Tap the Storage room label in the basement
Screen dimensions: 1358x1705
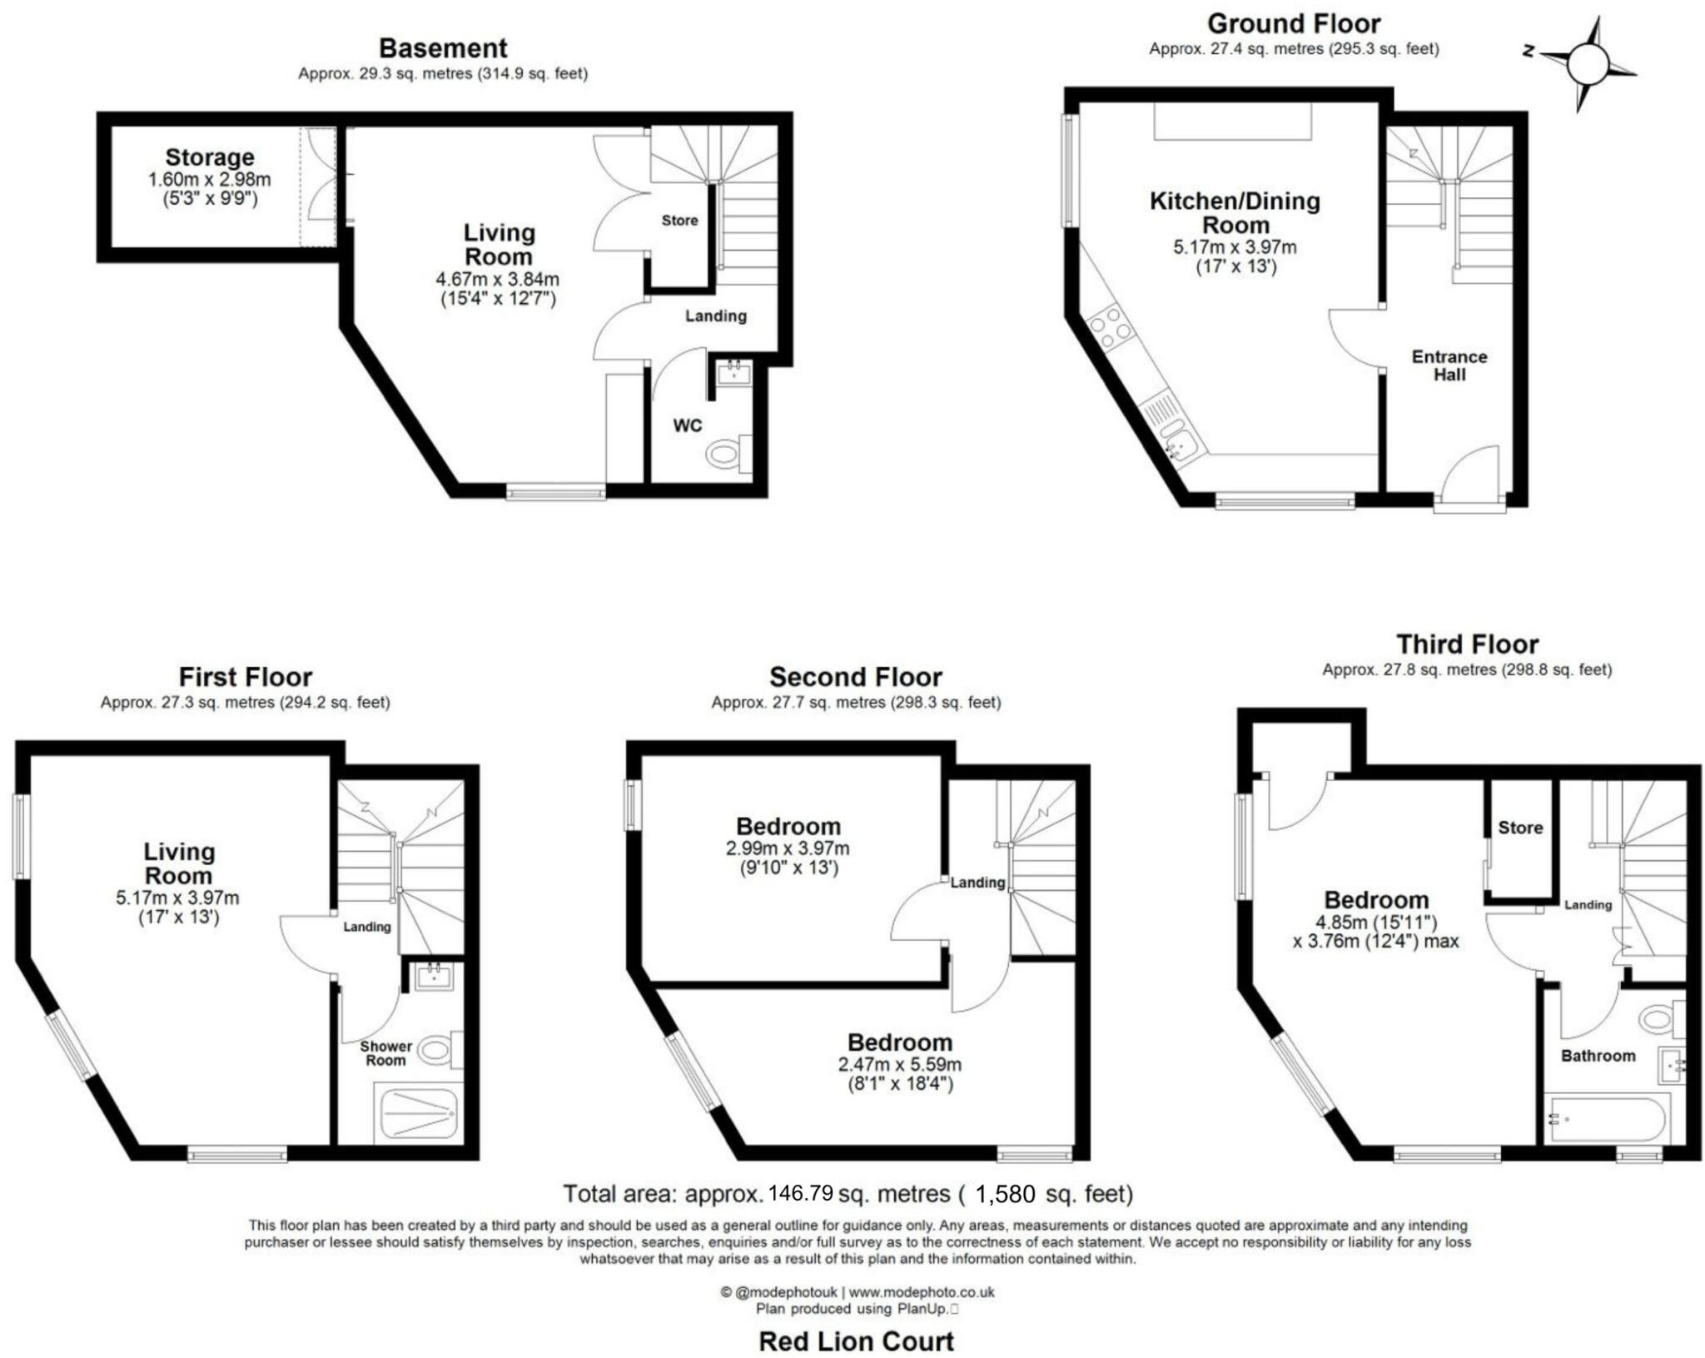pyautogui.click(x=209, y=157)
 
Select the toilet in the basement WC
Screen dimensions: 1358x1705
pyautogui.click(x=724, y=455)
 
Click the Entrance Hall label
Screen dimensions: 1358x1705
pyautogui.click(x=1449, y=366)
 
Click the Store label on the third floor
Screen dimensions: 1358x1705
pyautogui.click(x=1520, y=828)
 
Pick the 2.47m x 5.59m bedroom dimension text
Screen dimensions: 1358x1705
pyautogui.click(x=899, y=1064)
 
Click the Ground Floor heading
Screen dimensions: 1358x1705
pyautogui.click(x=1293, y=23)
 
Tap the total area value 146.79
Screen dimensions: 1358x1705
pyautogui.click(x=800, y=1193)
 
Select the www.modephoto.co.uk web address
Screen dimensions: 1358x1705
pyautogui.click(x=922, y=1292)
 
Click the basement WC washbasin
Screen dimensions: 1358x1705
pyautogui.click(x=733, y=371)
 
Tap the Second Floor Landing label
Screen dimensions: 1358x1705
pyautogui.click(x=977, y=883)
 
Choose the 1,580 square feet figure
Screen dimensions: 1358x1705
pyautogui.click(x=1005, y=1194)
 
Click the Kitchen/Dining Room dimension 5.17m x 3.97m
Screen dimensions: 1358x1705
pyautogui.click(x=1235, y=247)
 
